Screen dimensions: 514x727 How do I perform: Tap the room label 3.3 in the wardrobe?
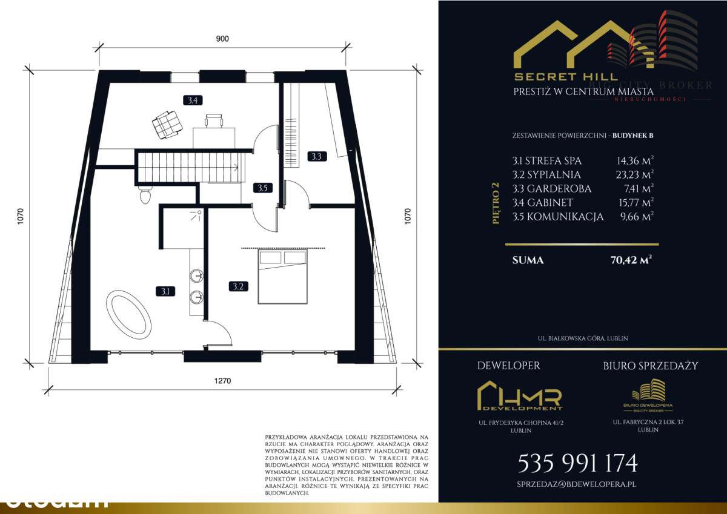pos(317,156)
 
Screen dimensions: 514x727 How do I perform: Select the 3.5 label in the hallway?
pos(262,188)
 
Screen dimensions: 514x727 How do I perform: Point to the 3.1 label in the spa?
pos(164,291)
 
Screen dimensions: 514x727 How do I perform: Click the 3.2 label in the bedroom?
pos(237,286)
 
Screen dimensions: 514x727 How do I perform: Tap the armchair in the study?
pos(167,125)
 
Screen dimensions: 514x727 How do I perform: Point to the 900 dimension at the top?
pos(222,39)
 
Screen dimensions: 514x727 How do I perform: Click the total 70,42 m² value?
pos(631,260)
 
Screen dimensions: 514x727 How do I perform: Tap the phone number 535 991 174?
pos(577,463)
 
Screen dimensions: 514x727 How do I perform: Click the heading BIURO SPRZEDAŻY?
pos(650,366)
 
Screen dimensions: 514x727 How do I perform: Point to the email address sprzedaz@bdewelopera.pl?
pos(576,484)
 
